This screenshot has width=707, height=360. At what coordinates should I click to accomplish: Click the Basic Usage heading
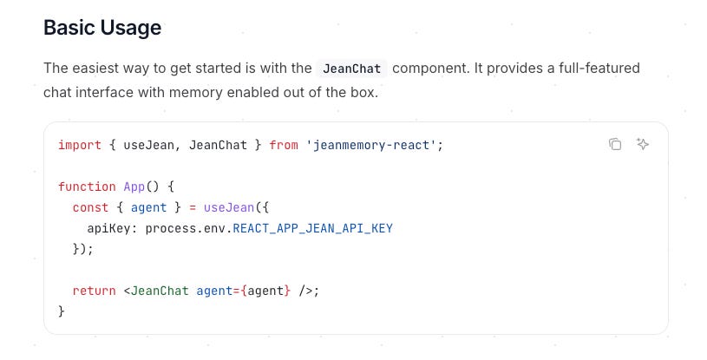pos(102,28)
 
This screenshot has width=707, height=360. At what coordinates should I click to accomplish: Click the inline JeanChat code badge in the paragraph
pos(351,69)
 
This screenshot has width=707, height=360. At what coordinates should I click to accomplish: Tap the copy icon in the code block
pos(615,144)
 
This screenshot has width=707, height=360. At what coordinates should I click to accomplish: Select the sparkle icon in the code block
pos(643,144)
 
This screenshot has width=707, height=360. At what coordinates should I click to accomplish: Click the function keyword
pos(87,187)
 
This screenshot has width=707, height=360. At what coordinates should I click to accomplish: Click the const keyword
pos(90,207)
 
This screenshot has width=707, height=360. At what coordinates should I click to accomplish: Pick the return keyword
pos(94,291)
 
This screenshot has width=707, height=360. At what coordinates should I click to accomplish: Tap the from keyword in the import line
pos(284,145)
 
